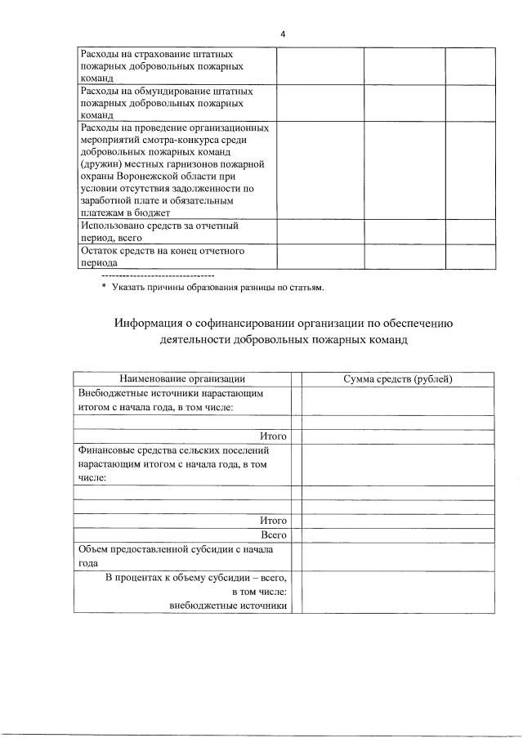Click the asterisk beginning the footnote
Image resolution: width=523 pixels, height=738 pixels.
pyautogui.click(x=104, y=288)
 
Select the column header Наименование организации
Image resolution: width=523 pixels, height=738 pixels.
pyautogui.click(x=182, y=378)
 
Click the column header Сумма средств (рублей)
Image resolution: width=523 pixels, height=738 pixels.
pyautogui.click(x=398, y=378)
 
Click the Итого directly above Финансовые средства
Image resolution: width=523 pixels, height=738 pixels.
pyautogui.click(x=273, y=436)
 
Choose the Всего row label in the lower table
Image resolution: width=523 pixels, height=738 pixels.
pyautogui.click(x=274, y=534)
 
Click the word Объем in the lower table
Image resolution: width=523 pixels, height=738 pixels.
pyautogui.click(x=93, y=549)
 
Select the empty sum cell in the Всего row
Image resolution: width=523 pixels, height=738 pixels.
pyautogui.click(x=398, y=534)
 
